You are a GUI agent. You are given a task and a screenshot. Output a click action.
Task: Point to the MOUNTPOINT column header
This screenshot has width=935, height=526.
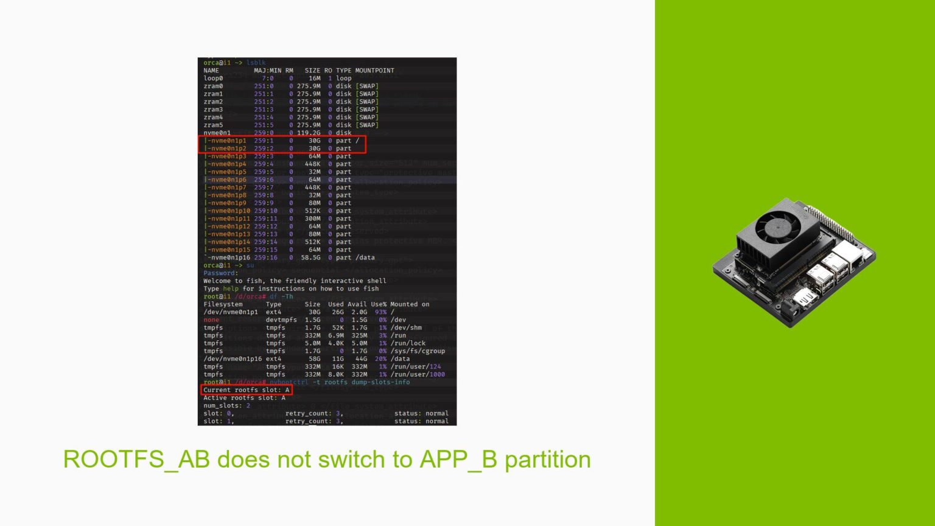coord(374,71)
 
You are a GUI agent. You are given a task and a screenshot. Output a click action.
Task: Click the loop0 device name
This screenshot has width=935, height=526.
coord(213,79)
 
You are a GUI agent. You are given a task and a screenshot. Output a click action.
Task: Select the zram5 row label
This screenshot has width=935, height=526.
coord(213,125)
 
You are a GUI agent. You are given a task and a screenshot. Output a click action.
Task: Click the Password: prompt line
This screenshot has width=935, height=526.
coord(220,273)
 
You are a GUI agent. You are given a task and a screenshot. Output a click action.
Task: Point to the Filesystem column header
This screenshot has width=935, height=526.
coord(223,304)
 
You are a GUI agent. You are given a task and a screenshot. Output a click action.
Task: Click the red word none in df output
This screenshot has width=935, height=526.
coord(211,320)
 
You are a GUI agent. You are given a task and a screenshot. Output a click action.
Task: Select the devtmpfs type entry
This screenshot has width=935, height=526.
coord(281,320)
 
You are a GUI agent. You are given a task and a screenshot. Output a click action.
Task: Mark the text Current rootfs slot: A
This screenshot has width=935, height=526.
coord(247,390)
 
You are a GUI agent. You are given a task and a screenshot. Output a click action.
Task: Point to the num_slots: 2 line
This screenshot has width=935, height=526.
coord(226,406)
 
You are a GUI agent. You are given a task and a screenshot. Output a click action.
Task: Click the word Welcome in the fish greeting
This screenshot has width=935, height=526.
coord(217,281)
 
